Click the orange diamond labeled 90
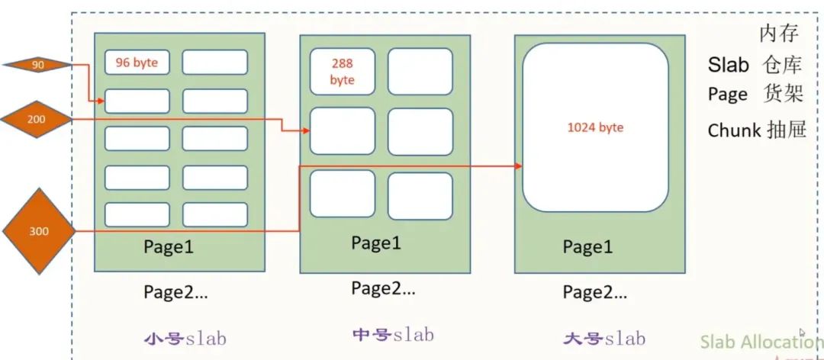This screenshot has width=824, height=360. (x=37, y=66)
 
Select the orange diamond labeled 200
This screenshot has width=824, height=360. (x=36, y=119)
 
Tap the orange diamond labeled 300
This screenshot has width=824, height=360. (x=38, y=230)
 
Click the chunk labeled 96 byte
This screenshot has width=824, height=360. (x=137, y=63)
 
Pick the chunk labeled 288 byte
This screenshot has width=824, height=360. (x=343, y=72)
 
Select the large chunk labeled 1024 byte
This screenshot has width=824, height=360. (x=595, y=127)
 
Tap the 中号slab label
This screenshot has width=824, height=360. (x=393, y=335)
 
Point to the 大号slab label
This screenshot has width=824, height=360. (x=604, y=338)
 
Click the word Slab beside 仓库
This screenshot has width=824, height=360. (x=729, y=66)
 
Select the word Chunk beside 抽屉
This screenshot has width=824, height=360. (x=734, y=130)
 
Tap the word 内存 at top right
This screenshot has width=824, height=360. (x=779, y=34)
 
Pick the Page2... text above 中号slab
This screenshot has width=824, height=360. (x=383, y=289)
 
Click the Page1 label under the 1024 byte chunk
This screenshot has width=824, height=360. (x=587, y=247)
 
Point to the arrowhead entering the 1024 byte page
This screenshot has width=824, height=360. (x=518, y=166)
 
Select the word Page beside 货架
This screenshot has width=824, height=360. (x=727, y=94)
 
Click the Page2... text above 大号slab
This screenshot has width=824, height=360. (x=595, y=292)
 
